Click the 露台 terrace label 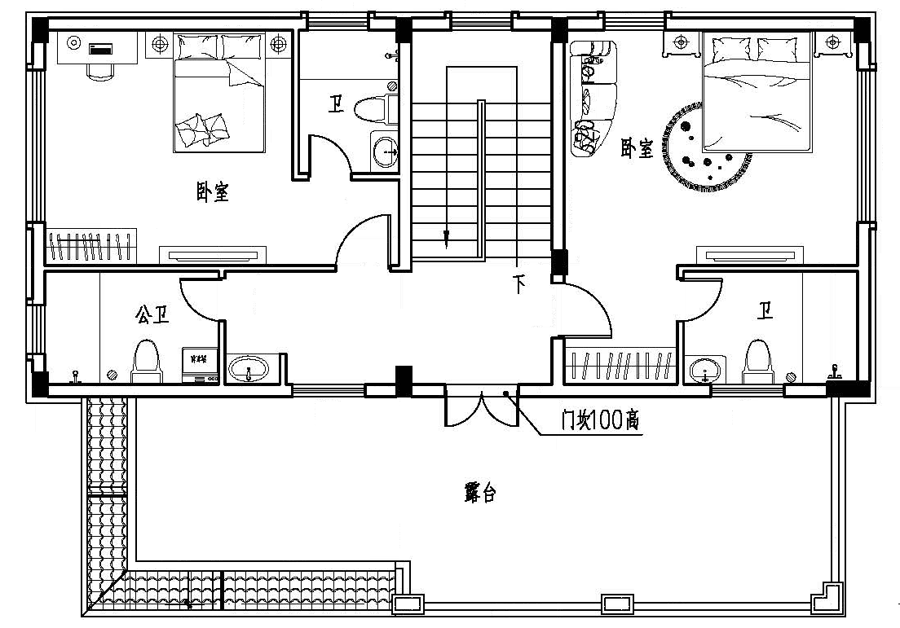click(x=480, y=493)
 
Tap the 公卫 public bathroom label click(x=152, y=314)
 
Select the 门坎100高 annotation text click(x=600, y=420)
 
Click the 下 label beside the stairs click(x=519, y=284)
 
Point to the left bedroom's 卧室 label click(x=213, y=191)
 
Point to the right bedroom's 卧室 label click(x=637, y=148)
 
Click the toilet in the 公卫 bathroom click(x=148, y=361)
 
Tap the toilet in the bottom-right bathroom click(x=758, y=362)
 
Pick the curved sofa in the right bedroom click(x=591, y=96)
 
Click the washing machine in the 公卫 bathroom click(x=201, y=366)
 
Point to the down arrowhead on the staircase click(x=446, y=239)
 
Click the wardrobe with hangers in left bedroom click(x=91, y=246)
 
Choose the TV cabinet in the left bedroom click(x=213, y=255)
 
